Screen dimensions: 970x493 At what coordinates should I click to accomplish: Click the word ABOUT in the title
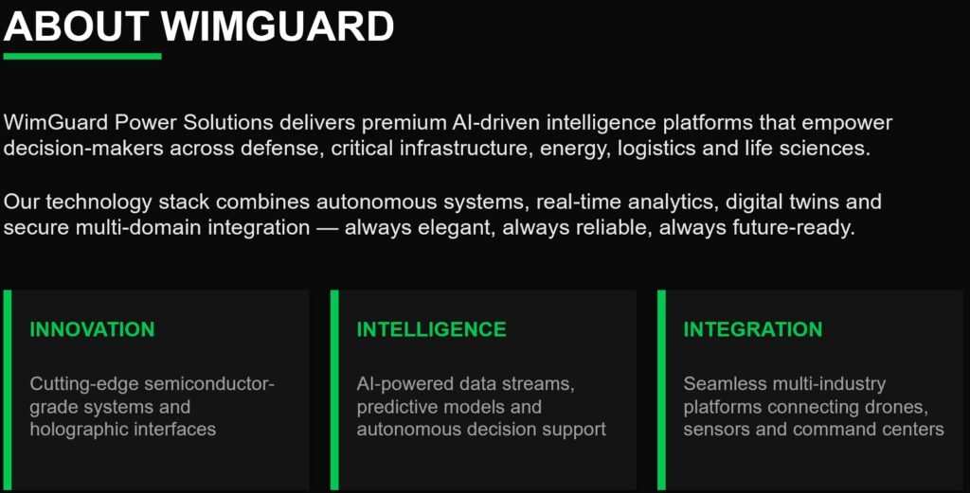pyautogui.click(x=76, y=26)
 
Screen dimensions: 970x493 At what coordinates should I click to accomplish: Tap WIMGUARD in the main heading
pyautogui.click(x=278, y=26)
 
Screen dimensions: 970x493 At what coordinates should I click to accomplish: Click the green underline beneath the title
pyautogui.click(x=82, y=56)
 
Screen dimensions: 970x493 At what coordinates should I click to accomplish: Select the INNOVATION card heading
pyautogui.click(x=92, y=329)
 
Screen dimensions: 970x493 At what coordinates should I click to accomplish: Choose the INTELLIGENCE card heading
pyautogui.click(x=431, y=329)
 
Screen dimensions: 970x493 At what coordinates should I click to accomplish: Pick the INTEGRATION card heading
pyautogui.click(x=753, y=329)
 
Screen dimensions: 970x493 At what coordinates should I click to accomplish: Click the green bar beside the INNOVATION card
pyautogui.click(x=8, y=390)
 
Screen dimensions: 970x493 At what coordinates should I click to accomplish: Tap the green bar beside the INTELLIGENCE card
pyautogui.click(x=334, y=390)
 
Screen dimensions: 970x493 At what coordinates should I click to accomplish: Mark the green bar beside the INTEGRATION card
pyautogui.click(x=661, y=390)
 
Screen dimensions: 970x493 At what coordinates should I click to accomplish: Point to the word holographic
pyautogui.click(x=77, y=430)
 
